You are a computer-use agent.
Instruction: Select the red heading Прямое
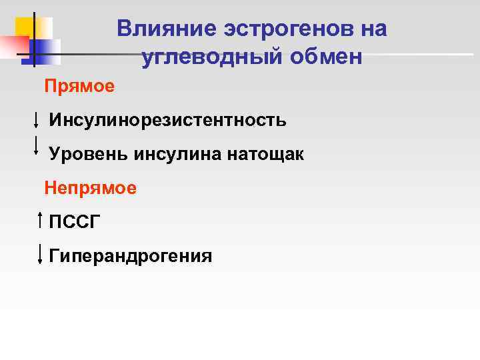click(x=79, y=86)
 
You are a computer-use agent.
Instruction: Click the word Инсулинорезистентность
click(x=167, y=120)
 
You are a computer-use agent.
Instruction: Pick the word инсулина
click(x=179, y=154)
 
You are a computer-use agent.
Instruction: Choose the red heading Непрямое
click(x=91, y=188)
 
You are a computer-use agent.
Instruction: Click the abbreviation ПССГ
click(x=75, y=222)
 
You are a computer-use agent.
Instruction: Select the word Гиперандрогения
click(x=131, y=256)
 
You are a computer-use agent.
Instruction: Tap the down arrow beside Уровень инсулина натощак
click(x=35, y=145)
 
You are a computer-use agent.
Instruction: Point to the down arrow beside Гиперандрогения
click(x=41, y=253)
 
